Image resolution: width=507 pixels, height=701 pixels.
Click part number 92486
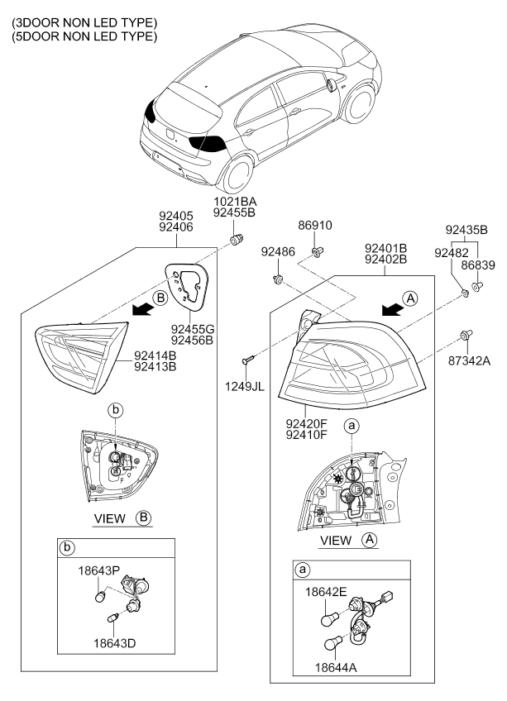(x=277, y=250)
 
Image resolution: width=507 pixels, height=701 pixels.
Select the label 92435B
(x=466, y=229)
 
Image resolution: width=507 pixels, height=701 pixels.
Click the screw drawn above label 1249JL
(x=248, y=360)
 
